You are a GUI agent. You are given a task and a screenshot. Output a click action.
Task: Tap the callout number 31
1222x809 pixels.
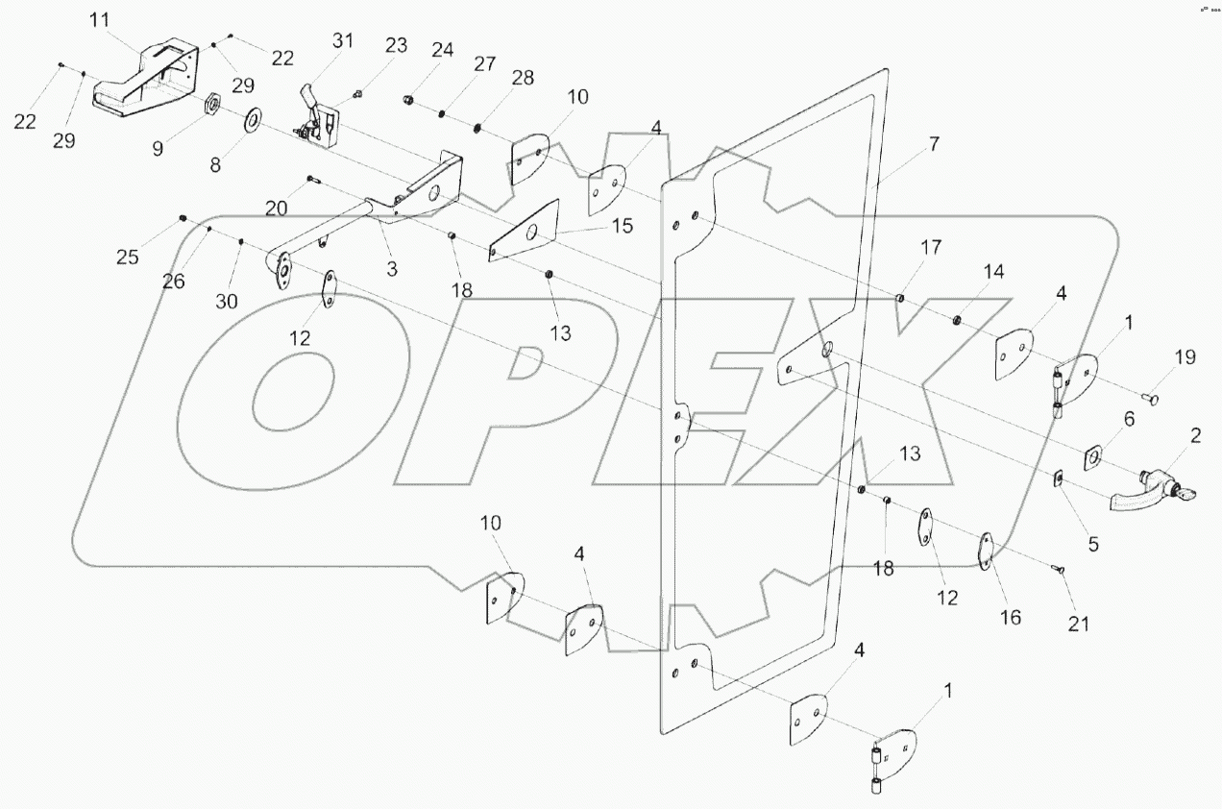tap(343, 41)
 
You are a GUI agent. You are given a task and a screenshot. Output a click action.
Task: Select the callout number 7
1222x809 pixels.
tap(933, 145)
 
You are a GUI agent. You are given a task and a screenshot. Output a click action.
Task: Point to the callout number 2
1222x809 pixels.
tap(1196, 436)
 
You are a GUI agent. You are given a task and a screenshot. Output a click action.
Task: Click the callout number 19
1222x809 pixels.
tap(1185, 357)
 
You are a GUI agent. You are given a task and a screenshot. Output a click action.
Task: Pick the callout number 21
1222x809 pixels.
tap(1079, 624)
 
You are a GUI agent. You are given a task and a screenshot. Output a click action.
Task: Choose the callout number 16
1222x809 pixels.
tap(1012, 616)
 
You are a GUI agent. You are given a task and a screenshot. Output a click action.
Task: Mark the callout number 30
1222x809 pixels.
tap(227, 301)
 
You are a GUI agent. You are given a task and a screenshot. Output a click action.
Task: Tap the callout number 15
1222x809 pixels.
tap(622, 226)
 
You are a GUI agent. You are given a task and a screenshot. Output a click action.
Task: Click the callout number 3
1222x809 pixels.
tap(392, 270)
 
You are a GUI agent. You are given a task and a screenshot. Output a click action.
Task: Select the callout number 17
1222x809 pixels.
tap(930, 248)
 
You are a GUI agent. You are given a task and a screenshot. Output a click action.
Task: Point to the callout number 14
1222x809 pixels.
tap(993, 273)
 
